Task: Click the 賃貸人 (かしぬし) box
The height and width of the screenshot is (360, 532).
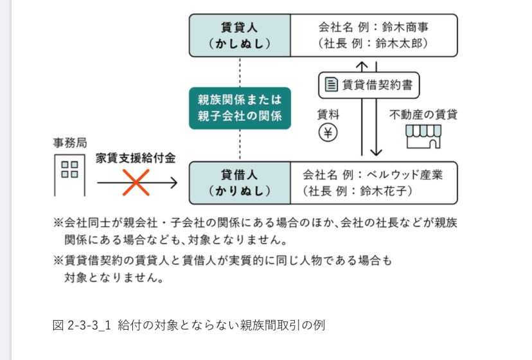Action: (x=240, y=35)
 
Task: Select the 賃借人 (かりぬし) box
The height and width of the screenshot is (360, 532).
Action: (x=240, y=183)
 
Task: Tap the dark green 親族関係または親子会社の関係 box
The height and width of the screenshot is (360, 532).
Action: (x=240, y=108)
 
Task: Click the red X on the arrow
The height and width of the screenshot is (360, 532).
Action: (x=136, y=183)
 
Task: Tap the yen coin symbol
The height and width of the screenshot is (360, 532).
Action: (x=328, y=134)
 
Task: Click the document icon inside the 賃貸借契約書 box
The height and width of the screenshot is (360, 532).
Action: (x=331, y=85)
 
